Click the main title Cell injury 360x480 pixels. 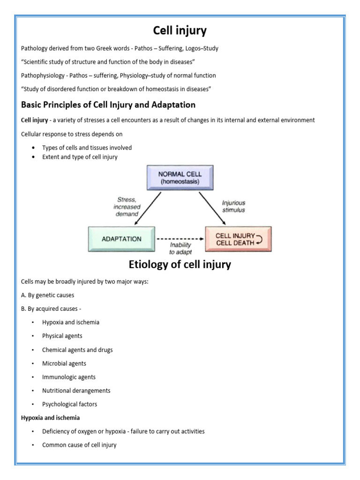[x=180, y=31]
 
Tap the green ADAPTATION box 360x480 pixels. [x=121, y=239]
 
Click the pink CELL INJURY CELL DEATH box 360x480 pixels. [x=238, y=239]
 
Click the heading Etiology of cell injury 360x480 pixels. [x=180, y=265]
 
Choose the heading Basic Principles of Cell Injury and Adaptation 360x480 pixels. [x=108, y=105]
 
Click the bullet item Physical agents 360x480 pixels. [x=62, y=336]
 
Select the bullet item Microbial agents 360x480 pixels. [x=64, y=363]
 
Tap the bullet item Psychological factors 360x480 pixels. [x=69, y=404]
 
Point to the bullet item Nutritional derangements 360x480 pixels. [x=76, y=390]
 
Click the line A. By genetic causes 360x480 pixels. [x=47, y=295]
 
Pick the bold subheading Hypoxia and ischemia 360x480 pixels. [x=50, y=418]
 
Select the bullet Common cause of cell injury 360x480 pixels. [x=79, y=445]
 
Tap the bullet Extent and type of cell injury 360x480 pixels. [x=80, y=157]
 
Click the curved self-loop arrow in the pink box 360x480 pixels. [x=260, y=239]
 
